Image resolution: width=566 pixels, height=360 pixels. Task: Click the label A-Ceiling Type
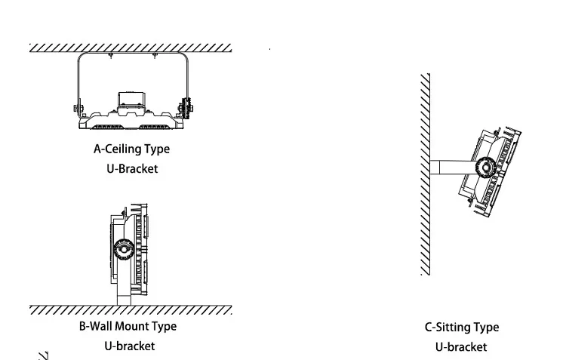[131, 149]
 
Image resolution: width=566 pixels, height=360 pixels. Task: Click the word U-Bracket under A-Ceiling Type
[131, 168]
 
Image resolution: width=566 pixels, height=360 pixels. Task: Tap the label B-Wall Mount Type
[128, 326]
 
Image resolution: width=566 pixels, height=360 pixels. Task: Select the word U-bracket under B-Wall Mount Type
[129, 346]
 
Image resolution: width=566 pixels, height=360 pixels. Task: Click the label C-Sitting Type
[461, 327]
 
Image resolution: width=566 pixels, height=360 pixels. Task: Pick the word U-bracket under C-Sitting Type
[461, 346]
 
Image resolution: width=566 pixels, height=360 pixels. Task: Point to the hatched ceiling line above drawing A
[131, 48]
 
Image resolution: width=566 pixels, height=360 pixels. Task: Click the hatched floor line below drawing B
[131, 310]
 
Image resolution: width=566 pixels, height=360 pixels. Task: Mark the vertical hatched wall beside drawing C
[426, 174]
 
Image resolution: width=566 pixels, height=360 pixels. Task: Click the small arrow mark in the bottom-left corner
[43, 355]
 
